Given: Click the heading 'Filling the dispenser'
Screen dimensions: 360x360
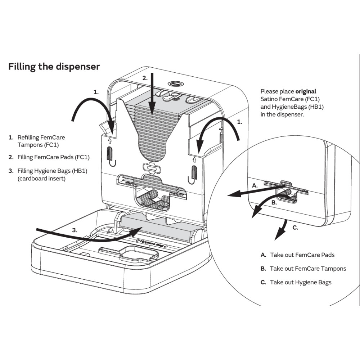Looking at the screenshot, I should (54, 67).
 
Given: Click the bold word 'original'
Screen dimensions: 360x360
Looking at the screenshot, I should (306, 91).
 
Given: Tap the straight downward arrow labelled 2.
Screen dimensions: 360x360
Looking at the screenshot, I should (152, 94).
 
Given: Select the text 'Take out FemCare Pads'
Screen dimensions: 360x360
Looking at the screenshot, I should (302, 255).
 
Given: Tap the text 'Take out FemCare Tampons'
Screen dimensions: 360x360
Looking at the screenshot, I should (308, 269).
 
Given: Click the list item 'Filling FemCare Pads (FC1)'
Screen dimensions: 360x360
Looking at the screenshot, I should (53, 157).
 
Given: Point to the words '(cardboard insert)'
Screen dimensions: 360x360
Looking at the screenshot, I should (42, 179).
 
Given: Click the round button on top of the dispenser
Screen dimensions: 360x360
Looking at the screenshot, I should (176, 84).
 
